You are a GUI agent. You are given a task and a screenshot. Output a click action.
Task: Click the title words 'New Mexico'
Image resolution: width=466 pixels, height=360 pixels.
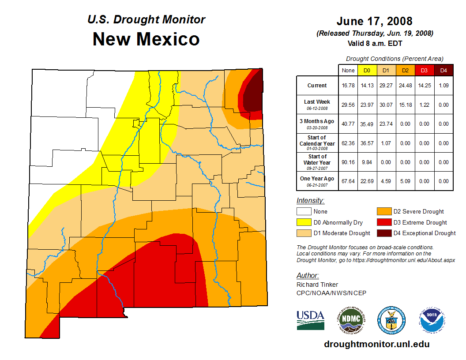146,39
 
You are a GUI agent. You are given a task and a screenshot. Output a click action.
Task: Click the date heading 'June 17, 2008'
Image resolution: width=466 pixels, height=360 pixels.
374,21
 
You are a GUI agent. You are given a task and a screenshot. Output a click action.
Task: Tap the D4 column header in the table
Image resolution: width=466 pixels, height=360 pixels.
444,70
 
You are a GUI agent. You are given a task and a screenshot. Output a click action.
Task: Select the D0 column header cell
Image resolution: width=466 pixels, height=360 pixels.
366,70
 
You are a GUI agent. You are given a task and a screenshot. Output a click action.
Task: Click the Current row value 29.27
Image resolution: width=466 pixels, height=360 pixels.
386,86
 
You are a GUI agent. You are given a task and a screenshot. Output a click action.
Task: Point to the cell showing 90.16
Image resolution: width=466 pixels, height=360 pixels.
348,162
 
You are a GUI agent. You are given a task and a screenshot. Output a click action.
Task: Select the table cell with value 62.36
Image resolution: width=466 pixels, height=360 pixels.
348,143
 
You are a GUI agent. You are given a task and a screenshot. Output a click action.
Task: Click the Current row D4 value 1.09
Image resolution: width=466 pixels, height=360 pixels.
444,86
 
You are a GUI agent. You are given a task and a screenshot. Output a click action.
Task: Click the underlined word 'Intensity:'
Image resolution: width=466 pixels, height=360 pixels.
310,201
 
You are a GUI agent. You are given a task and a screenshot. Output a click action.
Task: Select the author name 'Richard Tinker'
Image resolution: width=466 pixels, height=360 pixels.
317,285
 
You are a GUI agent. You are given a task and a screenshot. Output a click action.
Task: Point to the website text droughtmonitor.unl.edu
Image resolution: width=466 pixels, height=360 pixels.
377,344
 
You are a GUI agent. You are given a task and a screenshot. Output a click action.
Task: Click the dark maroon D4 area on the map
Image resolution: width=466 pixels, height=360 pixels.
252,95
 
